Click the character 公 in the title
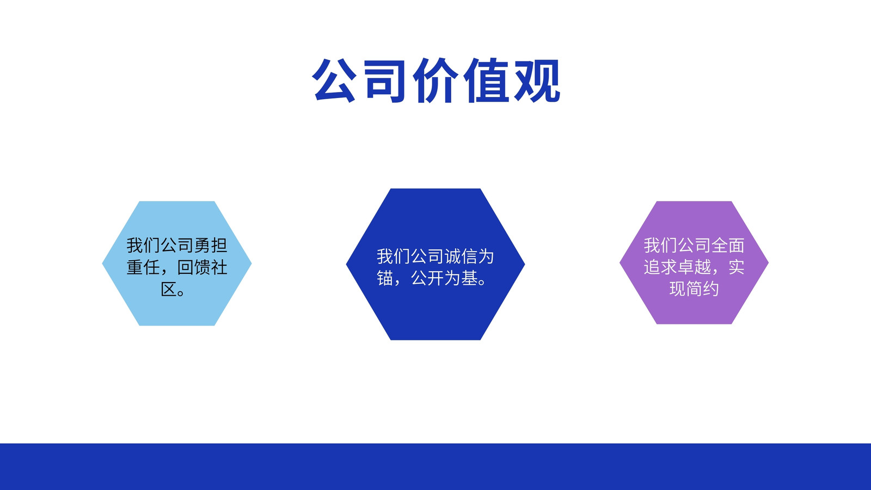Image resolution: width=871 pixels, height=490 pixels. tap(334, 81)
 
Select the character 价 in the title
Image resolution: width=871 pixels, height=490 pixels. tap(435, 81)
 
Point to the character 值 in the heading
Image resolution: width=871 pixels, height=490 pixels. tap(486, 81)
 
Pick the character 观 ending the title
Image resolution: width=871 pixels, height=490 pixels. tap(537, 81)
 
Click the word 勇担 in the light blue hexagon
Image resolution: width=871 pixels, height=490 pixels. tap(211, 246)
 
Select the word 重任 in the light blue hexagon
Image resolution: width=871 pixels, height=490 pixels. tap(143, 267)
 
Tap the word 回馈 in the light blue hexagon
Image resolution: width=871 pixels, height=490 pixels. tap(194, 267)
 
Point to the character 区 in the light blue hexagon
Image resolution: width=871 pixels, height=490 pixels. tap(169, 289)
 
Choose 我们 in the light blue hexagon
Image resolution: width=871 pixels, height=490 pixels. tap(143, 246)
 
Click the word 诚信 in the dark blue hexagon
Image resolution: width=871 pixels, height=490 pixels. tap(461, 256)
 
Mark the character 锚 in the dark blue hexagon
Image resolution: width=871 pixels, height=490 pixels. tap(385, 278)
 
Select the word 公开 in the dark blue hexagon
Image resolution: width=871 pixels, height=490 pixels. tap(428, 278)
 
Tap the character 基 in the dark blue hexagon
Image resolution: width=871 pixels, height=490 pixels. tap(469, 278)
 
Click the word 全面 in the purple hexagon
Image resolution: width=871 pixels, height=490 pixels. tap(728, 246)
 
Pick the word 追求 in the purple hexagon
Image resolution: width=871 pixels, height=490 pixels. tap(660, 267)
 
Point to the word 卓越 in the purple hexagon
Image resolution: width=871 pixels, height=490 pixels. tap(695, 267)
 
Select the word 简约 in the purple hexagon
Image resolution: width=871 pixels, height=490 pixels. tap(702, 289)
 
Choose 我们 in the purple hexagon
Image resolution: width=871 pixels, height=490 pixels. tap(660, 246)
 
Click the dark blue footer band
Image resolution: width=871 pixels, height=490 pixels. tap(436, 467)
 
